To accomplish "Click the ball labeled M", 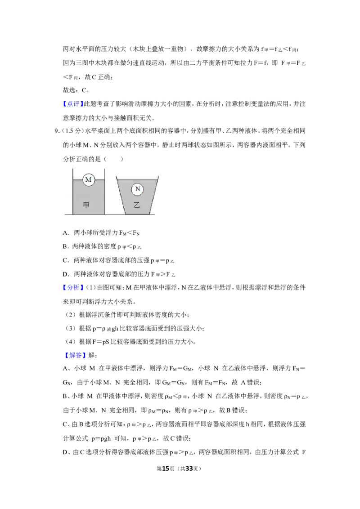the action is tap(88, 179).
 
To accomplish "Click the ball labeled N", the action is tap(137, 189).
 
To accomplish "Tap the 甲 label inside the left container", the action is tap(86, 205).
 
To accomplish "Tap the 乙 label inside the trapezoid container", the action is tap(137, 205).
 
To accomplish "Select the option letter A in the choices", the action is tap(65, 233).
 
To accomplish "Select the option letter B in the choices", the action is tap(65, 246).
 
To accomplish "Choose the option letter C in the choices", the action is tap(65, 260).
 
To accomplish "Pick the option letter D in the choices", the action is tap(65, 274).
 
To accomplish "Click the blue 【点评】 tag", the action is tap(73, 104).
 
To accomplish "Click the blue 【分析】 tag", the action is tap(73, 288).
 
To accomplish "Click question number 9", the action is tap(56, 131).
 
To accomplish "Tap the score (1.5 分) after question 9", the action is tap(72, 131).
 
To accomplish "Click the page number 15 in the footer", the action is tap(166, 469).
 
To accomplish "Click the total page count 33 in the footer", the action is tap(189, 469).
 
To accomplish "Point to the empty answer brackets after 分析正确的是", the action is tap(113, 159).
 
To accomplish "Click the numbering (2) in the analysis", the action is tap(71, 315).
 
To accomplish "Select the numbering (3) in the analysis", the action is tap(71, 329).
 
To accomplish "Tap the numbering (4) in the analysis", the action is tap(71, 342).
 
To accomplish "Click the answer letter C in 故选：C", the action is tap(84, 90).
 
